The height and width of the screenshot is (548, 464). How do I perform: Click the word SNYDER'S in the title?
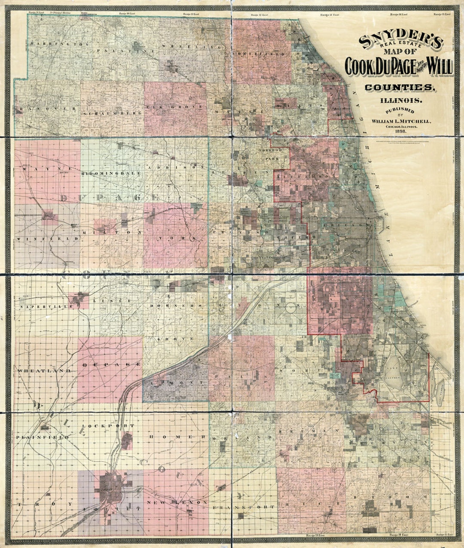point(400,41)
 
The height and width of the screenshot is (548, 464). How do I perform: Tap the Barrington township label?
point(60,44)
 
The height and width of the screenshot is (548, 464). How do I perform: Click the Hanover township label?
point(47,109)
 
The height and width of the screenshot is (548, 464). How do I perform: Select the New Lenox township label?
point(177,502)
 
